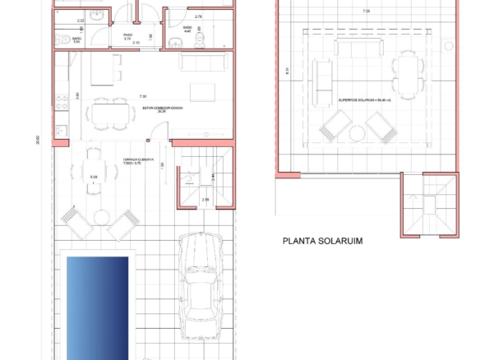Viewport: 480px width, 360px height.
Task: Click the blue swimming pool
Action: pos(97,306)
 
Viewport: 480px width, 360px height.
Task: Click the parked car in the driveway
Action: pos(201,280)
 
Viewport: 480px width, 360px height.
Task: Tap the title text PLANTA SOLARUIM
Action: pos(322,242)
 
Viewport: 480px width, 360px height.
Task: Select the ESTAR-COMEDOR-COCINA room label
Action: pos(162,108)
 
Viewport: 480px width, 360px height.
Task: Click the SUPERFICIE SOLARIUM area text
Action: pos(367,99)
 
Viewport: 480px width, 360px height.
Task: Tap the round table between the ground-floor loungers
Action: pos(101,217)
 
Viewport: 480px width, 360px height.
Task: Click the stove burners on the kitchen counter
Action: pos(61,104)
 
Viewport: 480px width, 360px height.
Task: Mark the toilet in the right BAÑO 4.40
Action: pos(168,44)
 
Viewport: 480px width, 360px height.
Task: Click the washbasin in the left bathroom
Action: pos(94,16)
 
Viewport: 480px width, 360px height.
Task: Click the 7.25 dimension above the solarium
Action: pos(365,11)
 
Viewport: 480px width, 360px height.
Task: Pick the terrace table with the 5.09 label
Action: pos(94,172)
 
